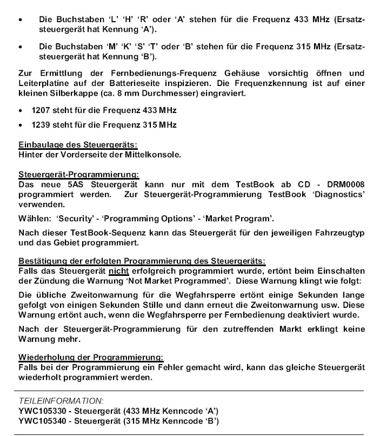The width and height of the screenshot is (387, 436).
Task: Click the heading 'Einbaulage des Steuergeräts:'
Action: point(78,144)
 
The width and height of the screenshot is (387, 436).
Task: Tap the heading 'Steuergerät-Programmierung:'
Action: point(79,175)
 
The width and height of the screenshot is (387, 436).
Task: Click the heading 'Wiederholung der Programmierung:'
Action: point(91,358)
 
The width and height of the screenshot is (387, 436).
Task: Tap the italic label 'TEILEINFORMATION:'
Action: point(61,401)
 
